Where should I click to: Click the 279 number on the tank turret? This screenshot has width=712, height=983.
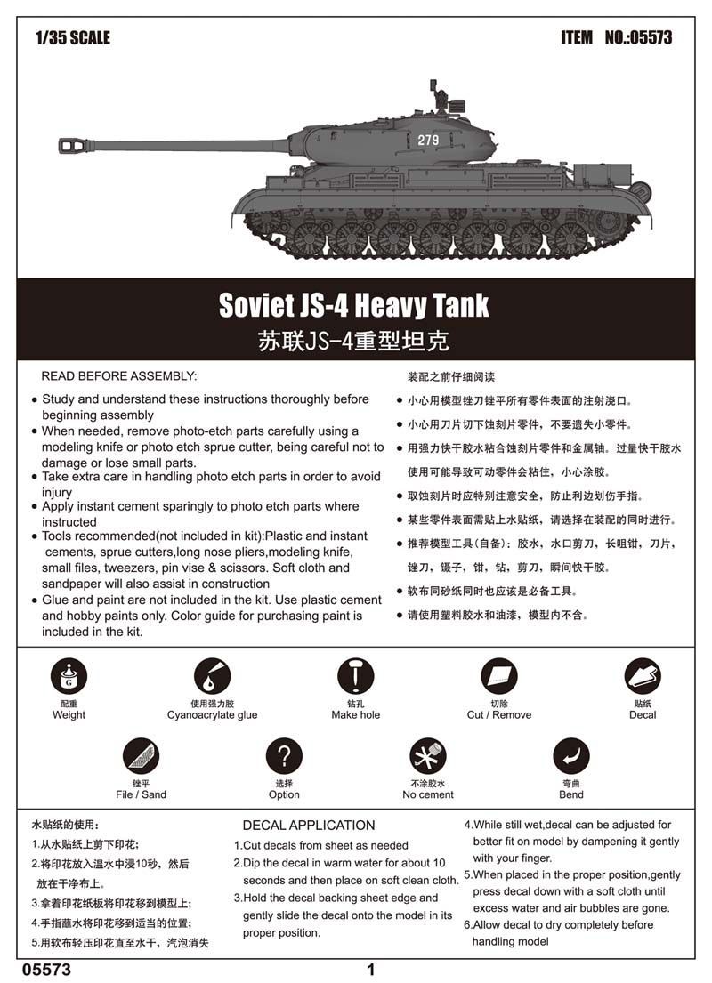428,140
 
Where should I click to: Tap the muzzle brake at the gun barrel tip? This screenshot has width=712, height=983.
71,144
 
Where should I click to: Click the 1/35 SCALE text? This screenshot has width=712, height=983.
73,37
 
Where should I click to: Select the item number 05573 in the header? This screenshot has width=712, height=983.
638,37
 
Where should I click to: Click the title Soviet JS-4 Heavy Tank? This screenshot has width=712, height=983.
354,305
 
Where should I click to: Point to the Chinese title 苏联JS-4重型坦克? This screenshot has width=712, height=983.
354,340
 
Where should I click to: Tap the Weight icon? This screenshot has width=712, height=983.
69,677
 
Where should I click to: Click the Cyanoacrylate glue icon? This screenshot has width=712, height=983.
212,677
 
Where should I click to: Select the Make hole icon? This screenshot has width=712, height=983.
355,677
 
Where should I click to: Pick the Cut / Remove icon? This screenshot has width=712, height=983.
498,677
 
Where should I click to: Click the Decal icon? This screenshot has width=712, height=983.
642,677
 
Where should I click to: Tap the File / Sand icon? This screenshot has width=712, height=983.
141,756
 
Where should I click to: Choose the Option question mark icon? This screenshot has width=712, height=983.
284,756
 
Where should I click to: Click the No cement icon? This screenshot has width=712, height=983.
427,756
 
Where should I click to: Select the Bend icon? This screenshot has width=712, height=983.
570,756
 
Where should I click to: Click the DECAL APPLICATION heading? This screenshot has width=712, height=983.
308,825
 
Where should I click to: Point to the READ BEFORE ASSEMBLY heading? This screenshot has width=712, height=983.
119,376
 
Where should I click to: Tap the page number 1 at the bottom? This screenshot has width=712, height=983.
371,970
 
